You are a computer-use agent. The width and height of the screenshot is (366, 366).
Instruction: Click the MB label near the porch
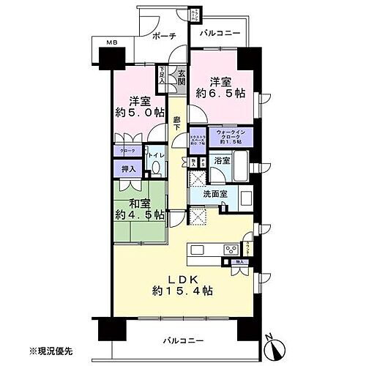tap(112, 45)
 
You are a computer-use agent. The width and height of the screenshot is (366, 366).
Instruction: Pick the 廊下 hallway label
tap(177, 125)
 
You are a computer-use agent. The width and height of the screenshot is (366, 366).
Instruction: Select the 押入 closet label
tap(127, 169)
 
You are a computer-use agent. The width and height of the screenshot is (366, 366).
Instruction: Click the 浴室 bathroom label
tap(222, 159)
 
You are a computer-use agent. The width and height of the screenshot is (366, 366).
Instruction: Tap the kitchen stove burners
tap(198, 250)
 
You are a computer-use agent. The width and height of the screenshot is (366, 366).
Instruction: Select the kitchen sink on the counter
tap(224, 250)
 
